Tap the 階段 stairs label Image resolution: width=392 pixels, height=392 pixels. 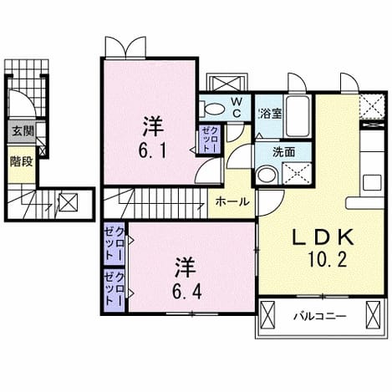click(22, 161)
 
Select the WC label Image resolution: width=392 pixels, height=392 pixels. click(237, 107)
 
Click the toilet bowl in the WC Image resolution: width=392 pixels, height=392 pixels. click(212, 109)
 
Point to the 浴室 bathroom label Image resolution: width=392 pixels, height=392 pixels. click(270, 114)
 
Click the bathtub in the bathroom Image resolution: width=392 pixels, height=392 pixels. click(298, 116)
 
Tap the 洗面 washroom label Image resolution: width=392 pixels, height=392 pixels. click(283, 152)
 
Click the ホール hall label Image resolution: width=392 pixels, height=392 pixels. click(232, 201)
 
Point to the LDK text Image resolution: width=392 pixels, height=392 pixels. click(323, 237)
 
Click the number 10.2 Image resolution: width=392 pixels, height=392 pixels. click(327, 260)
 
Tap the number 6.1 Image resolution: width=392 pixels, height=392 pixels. click(152, 151)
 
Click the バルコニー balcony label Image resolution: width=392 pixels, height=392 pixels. click(320, 317)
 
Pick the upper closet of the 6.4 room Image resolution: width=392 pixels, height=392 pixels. click(115, 243)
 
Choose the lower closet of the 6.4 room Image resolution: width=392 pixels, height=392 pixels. click(115, 290)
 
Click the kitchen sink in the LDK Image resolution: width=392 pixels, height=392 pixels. click(372, 182)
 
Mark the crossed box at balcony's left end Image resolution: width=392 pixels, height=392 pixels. click(267, 315)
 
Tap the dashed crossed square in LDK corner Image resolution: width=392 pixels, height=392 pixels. click(372, 107)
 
